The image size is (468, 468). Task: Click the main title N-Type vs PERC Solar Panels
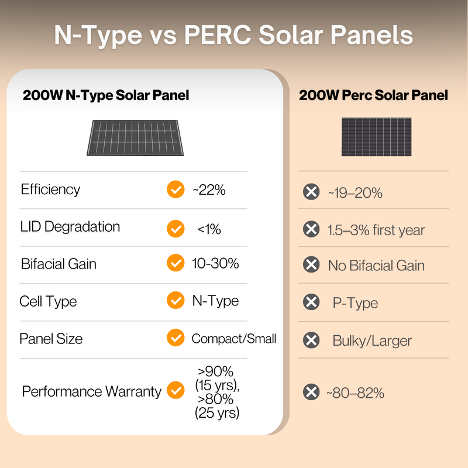point(233,36)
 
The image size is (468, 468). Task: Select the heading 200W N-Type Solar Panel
point(106,95)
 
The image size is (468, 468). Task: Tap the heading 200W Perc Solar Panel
point(373,95)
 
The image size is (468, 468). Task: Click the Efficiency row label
point(50,190)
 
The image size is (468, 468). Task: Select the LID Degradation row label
point(70,227)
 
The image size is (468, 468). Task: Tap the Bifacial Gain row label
point(58,264)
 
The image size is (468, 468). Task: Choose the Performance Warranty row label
point(91,391)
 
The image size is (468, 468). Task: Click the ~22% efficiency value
point(209,190)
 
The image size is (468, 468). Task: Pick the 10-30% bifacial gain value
point(215,264)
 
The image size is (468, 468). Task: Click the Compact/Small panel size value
point(234,339)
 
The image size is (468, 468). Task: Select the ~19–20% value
point(355,192)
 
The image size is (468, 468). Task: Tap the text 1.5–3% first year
point(376,230)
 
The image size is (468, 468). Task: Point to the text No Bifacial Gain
point(376,266)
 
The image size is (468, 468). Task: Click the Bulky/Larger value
point(372,340)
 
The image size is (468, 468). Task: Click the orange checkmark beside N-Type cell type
point(175,301)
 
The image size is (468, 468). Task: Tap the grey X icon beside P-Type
point(311,302)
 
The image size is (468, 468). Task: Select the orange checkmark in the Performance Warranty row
point(175,390)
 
